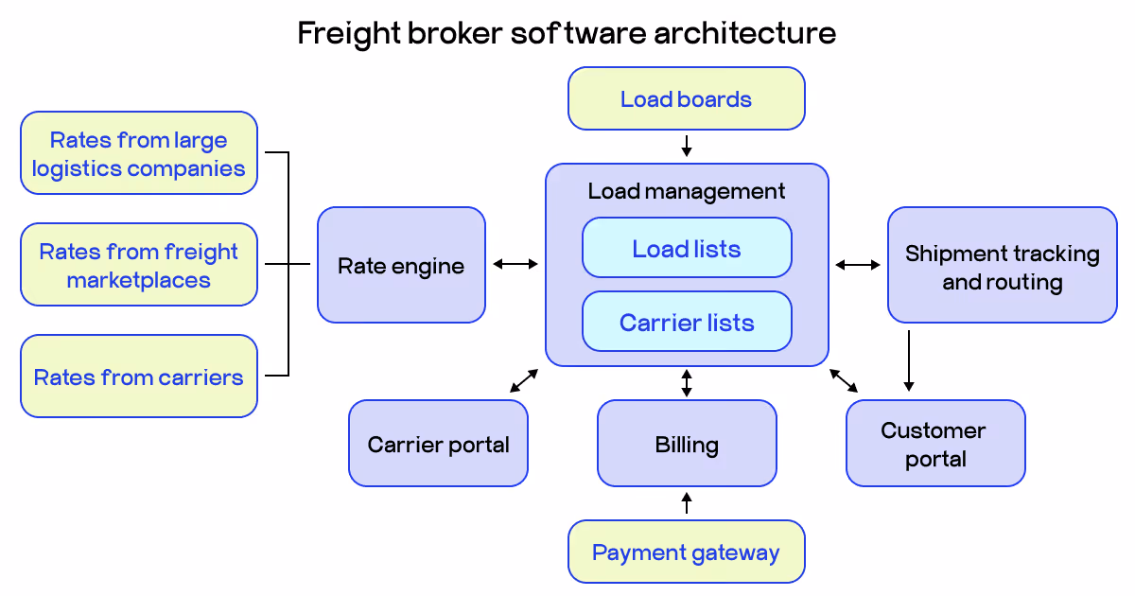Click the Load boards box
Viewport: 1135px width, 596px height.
point(686,98)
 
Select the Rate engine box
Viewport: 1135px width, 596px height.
point(401,265)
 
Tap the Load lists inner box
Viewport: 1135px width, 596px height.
point(686,248)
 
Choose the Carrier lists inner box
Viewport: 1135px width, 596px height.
point(686,322)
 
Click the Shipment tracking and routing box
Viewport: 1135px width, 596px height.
point(1002,266)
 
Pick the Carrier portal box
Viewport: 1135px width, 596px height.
point(438,443)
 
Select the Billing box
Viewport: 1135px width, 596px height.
point(686,443)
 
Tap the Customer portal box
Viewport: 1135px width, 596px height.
point(934,443)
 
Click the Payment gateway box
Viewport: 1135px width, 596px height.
point(686,552)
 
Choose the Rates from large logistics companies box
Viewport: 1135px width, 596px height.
point(138,153)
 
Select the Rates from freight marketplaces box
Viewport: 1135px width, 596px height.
point(138,265)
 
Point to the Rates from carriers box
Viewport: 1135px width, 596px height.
point(138,377)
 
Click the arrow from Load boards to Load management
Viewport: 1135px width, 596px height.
point(687,146)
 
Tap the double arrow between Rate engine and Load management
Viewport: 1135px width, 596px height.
point(515,264)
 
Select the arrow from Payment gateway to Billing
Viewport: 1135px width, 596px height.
point(687,502)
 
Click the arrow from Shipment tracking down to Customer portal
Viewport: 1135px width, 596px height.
point(908,359)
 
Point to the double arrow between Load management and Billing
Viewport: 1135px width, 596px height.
point(687,383)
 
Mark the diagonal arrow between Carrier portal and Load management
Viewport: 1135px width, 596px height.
point(524,380)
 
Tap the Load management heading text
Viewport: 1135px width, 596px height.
point(686,191)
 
